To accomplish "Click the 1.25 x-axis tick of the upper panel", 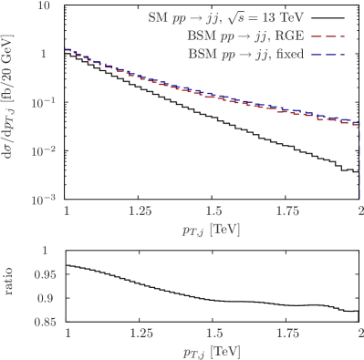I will (140, 211).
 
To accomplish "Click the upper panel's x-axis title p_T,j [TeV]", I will (212, 230).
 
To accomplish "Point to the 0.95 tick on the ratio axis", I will (39, 273).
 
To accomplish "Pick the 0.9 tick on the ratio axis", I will (42, 297).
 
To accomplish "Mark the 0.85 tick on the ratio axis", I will (39, 321).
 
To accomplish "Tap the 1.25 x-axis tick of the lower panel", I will (140, 332).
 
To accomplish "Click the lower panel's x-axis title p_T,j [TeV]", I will (212, 351).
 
